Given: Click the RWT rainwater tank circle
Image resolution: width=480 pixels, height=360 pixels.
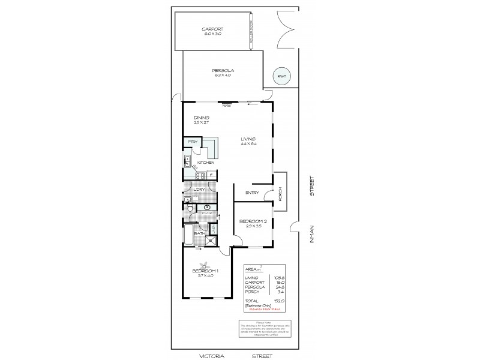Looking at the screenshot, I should point(280,76).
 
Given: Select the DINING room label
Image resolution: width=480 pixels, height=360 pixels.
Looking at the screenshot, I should point(201,118).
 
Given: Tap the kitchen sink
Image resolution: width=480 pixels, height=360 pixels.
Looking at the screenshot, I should point(187,161).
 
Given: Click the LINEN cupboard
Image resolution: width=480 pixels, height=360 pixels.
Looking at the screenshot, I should point(214,228).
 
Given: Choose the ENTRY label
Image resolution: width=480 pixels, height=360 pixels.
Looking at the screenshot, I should point(252,193).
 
